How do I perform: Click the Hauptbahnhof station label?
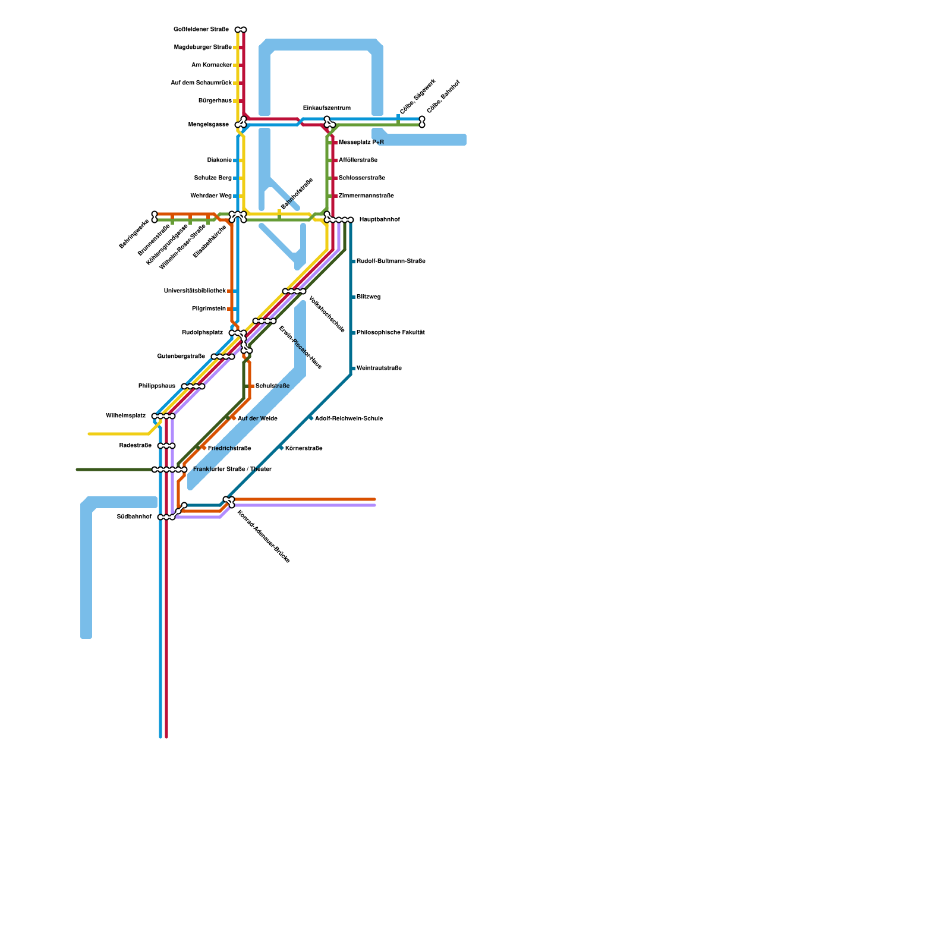(x=379, y=220)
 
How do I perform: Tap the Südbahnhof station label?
(x=134, y=517)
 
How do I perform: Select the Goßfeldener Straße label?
(x=201, y=30)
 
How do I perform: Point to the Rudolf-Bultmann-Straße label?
(x=391, y=262)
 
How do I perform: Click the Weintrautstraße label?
(x=379, y=369)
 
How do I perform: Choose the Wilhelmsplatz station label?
(x=125, y=416)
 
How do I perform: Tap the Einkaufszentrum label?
(x=326, y=108)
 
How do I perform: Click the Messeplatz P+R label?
(x=361, y=143)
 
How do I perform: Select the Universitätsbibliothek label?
(x=194, y=291)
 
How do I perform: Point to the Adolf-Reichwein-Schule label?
(x=348, y=419)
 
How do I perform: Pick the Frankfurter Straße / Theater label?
(x=232, y=470)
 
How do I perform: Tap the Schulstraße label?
(x=272, y=386)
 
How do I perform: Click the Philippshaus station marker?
(x=193, y=386)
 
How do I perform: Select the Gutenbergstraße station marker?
(x=223, y=357)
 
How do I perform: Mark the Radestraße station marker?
(x=166, y=446)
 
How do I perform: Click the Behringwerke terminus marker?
(x=155, y=217)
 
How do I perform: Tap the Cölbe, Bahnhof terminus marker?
(x=422, y=122)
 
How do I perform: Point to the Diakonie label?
(x=219, y=160)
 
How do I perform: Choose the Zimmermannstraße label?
(x=366, y=196)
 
